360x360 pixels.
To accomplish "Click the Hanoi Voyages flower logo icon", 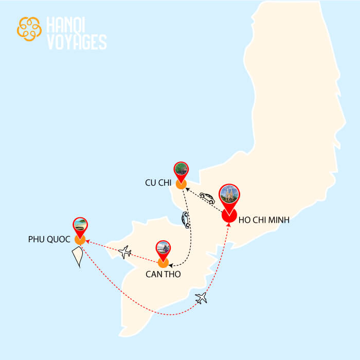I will pos(29,29).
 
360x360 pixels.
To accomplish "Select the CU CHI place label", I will pos(157,184).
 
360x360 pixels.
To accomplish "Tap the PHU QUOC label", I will pos(49,240).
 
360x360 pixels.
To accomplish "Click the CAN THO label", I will pos(163,275).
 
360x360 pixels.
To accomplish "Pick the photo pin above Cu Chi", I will pos(181,169).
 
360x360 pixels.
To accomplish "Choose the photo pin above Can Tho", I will pos(163,248).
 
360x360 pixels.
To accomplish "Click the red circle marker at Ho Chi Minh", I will pos(229,215).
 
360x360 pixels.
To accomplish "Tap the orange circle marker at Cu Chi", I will pos(181,184).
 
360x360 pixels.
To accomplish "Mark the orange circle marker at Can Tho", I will pos(163,263).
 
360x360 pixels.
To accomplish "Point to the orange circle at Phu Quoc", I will pos(80,240).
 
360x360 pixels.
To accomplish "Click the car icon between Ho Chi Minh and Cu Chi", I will pos(207,198).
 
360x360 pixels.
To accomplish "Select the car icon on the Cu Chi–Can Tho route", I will pos(186,220).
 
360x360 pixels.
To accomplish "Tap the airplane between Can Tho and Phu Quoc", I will pos(124,252).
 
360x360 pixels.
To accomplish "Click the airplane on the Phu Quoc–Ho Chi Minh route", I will pos(201,298).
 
